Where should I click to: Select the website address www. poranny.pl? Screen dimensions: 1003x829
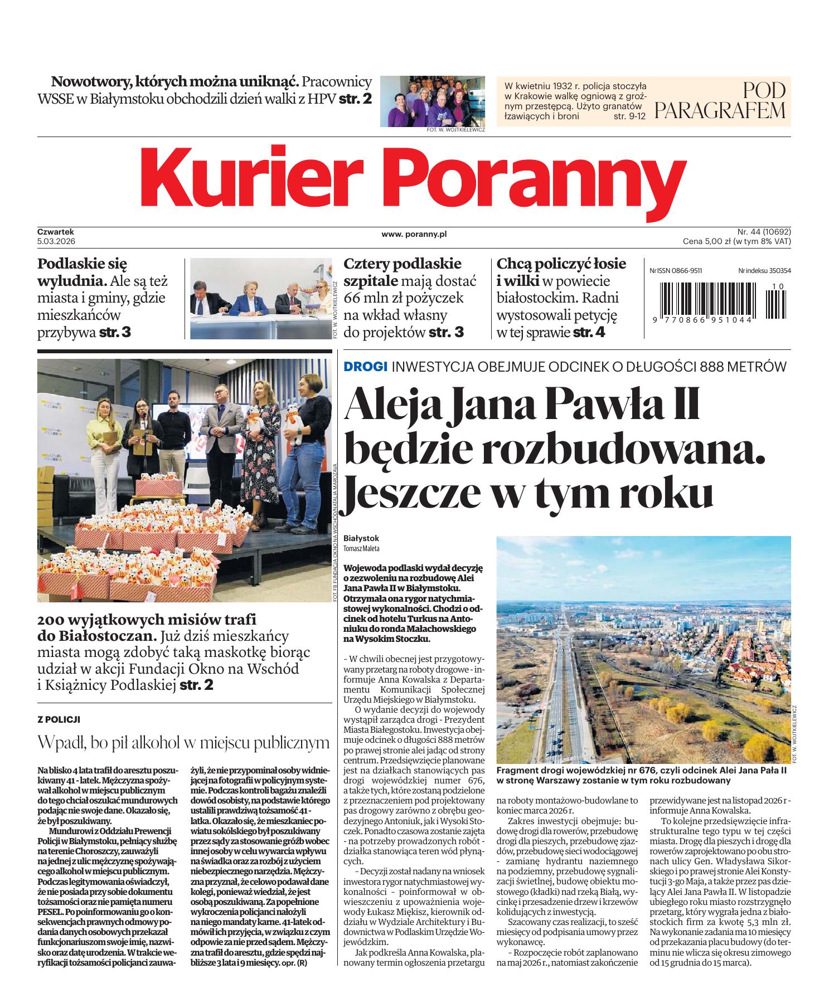(x=414, y=235)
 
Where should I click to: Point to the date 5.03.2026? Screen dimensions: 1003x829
(x=56, y=241)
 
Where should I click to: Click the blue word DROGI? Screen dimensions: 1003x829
(x=366, y=367)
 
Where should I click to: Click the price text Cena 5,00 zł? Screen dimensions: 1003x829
(x=714, y=241)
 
